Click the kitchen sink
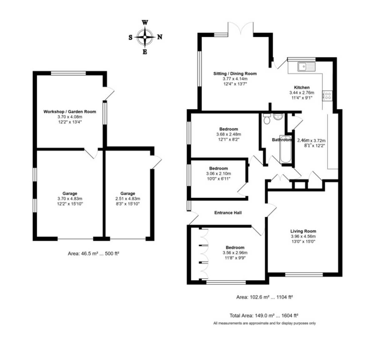[x=306, y=67]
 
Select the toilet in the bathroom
[x=267, y=119]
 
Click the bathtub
[x=286, y=149]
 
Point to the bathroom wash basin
[x=278, y=117]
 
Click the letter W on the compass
[x=145, y=23]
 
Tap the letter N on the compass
[x=160, y=37]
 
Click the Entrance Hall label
[x=228, y=213]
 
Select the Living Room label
[x=303, y=231]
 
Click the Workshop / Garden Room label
[x=70, y=111]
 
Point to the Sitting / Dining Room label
[x=235, y=74]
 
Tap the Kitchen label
[x=302, y=87]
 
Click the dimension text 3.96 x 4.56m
[x=303, y=236]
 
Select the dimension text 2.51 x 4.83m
[x=128, y=199]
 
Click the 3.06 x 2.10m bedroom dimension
[x=218, y=174]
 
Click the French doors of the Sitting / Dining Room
[x=241, y=29]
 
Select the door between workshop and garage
[x=91, y=154]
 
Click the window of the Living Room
[x=304, y=275]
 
